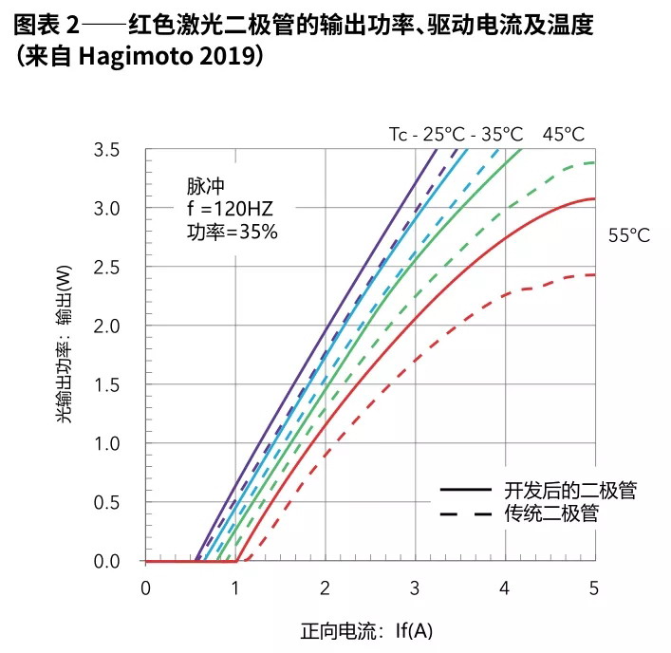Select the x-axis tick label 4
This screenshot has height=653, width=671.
[505, 588]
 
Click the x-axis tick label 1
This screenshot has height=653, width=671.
[235, 588]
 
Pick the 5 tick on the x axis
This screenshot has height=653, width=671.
[595, 588]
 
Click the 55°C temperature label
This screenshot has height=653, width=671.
[628, 236]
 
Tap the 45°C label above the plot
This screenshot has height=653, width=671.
[564, 134]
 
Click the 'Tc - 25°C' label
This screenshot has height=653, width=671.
[425, 134]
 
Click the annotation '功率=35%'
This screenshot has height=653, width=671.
[232, 231]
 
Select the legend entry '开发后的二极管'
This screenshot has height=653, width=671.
[569, 491]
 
